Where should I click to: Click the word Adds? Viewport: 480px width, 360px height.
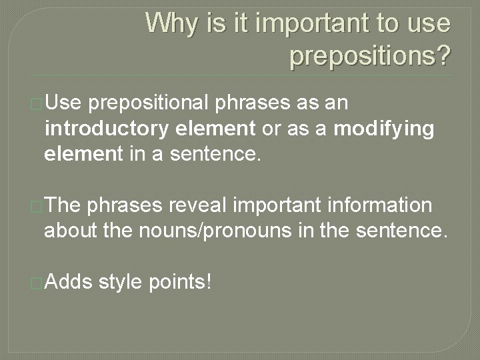click(x=69, y=281)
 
